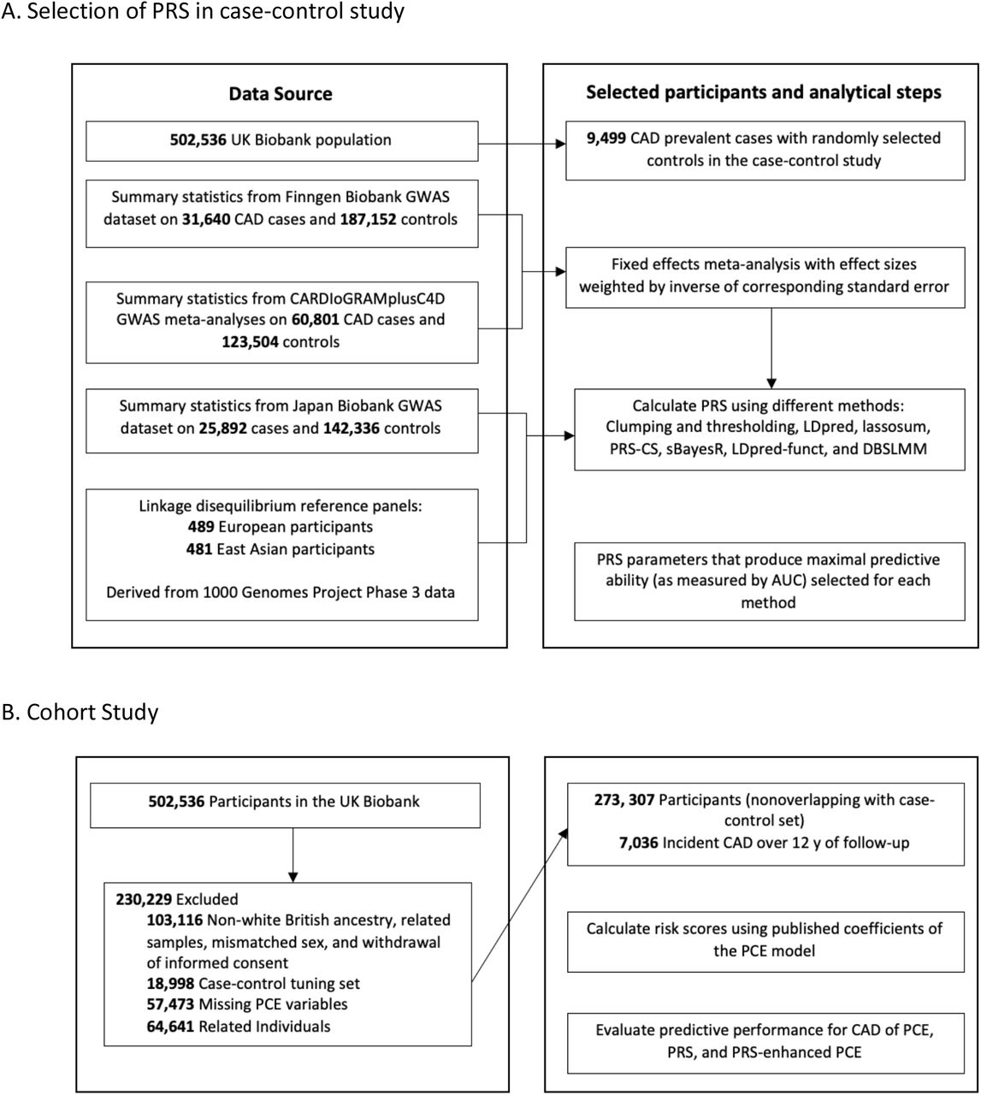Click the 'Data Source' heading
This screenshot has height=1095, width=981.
[281, 93]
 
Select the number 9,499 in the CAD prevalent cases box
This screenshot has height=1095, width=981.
[606, 138]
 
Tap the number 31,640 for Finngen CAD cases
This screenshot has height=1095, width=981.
[206, 219]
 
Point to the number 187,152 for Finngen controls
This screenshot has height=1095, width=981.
[368, 219]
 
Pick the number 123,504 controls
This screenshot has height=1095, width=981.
[251, 341]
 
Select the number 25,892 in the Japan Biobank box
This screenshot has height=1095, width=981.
[222, 428]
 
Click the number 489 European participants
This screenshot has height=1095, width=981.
[201, 526]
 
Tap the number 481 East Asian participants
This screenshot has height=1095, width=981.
[199, 549]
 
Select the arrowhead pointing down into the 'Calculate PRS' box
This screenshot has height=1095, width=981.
[771, 383]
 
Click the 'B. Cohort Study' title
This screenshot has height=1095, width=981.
[80, 712]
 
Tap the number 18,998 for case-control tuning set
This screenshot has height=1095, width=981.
[170, 983]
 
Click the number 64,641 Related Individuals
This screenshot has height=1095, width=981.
[170, 1027]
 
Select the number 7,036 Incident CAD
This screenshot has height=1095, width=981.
[639, 842]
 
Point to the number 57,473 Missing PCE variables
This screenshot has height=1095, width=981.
[170, 1003]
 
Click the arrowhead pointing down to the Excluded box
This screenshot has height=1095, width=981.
[293, 877]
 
